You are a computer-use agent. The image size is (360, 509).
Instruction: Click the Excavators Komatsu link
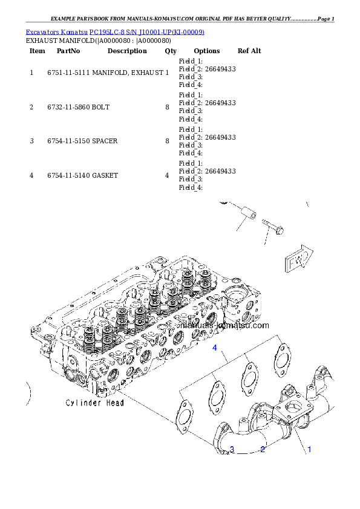tap(56, 32)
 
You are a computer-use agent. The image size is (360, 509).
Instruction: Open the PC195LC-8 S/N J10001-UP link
tap(147, 32)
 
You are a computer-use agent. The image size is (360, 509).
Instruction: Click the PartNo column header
tap(68, 51)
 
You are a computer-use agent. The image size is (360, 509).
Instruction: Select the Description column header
tap(127, 51)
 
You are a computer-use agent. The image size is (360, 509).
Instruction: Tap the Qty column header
tap(171, 51)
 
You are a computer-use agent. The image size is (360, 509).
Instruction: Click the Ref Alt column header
tap(249, 51)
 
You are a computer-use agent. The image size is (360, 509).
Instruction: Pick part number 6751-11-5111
tap(68, 73)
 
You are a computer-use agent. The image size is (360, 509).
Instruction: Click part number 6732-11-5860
tap(68, 107)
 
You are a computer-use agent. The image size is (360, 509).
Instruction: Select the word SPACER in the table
tap(105, 141)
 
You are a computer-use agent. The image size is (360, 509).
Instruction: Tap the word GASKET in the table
tap(105, 176)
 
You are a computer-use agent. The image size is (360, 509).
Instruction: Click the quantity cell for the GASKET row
tap(167, 176)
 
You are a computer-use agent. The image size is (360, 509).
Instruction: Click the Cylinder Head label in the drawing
tap(95, 403)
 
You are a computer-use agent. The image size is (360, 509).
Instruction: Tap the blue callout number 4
tap(214, 348)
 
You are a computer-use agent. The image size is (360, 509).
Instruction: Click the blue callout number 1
tap(309, 449)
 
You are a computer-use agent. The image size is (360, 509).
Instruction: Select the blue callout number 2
tap(263, 449)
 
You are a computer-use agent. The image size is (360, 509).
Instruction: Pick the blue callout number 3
tap(232, 449)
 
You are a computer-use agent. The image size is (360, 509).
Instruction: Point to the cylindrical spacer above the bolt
tap(248, 213)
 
